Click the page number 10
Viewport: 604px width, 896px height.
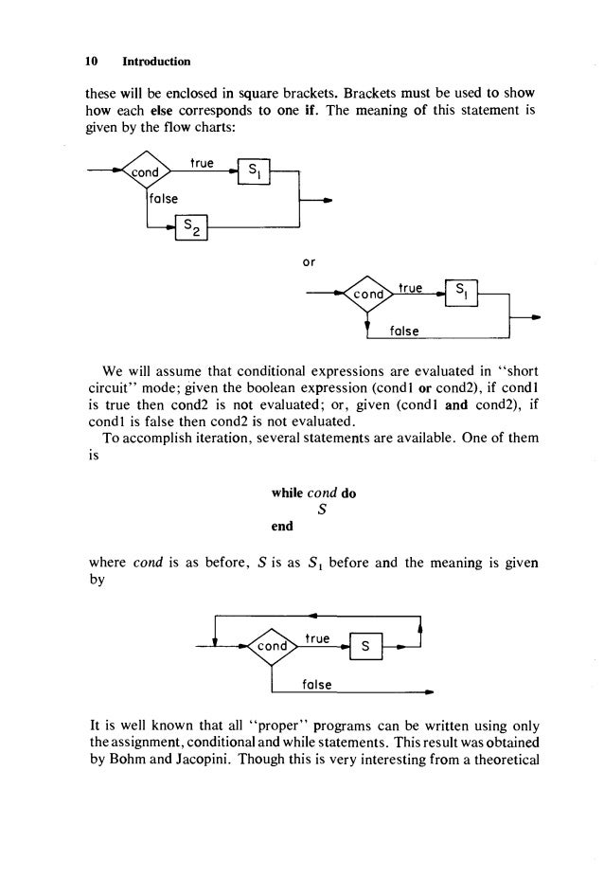92,62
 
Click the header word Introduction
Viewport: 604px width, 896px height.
156,62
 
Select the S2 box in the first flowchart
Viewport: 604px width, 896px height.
192,228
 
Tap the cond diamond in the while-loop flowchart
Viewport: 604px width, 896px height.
272,648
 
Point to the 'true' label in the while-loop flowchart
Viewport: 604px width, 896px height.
318,639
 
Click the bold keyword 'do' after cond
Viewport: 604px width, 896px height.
349,493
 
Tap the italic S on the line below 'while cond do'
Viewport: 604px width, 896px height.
323,511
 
